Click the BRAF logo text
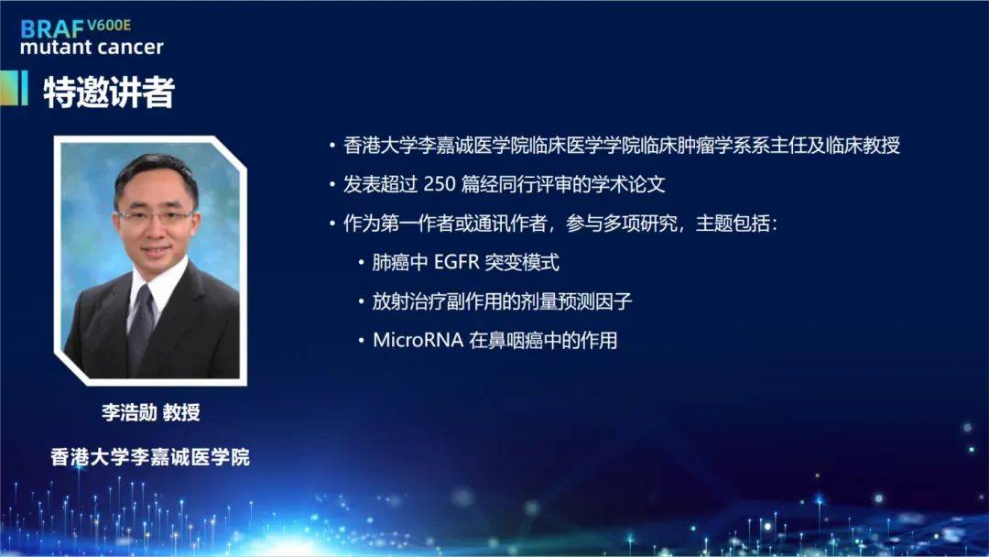click(x=52, y=29)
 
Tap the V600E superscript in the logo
click(x=109, y=26)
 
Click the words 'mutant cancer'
click(x=92, y=48)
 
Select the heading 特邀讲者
click(x=108, y=93)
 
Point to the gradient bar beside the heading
click(x=15, y=88)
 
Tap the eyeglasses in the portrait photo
click(x=155, y=216)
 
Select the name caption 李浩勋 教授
click(x=151, y=412)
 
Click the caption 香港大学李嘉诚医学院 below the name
click(x=150, y=457)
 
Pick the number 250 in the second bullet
click(x=439, y=184)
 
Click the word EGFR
click(x=457, y=262)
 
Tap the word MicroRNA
click(x=418, y=341)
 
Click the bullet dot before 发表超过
click(x=332, y=185)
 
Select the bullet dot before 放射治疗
click(x=362, y=301)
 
